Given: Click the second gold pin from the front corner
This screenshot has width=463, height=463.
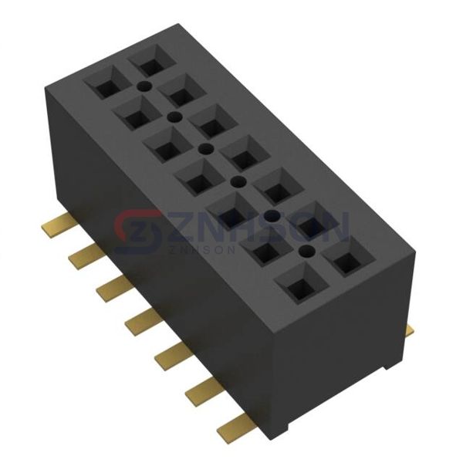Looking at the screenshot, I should (x=203, y=390).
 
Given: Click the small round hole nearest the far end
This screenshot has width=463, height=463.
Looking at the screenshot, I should (x=145, y=86).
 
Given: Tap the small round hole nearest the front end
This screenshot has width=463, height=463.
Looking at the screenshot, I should (x=305, y=251).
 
